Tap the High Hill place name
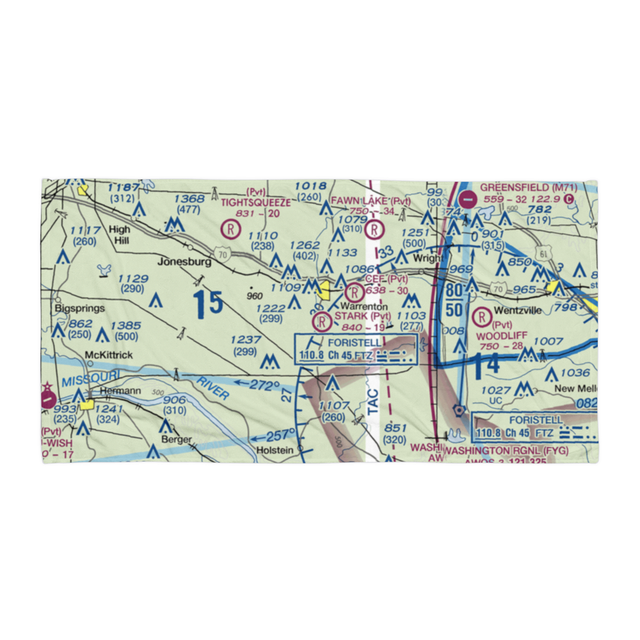pyautogui.click(x=119, y=235)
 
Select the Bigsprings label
pyautogui.click(x=79, y=308)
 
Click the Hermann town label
pyautogui.click(x=115, y=390)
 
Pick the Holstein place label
pyautogui.click(x=275, y=450)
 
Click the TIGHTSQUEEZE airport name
pyautogui.click(x=255, y=203)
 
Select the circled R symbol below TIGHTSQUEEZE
pyautogui.click(x=229, y=227)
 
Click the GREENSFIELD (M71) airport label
pyautogui.click(x=529, y=188)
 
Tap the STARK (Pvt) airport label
pyautogui.click(x=362, y=316)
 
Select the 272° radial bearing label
pyautogui.click(x=264, y=386)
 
